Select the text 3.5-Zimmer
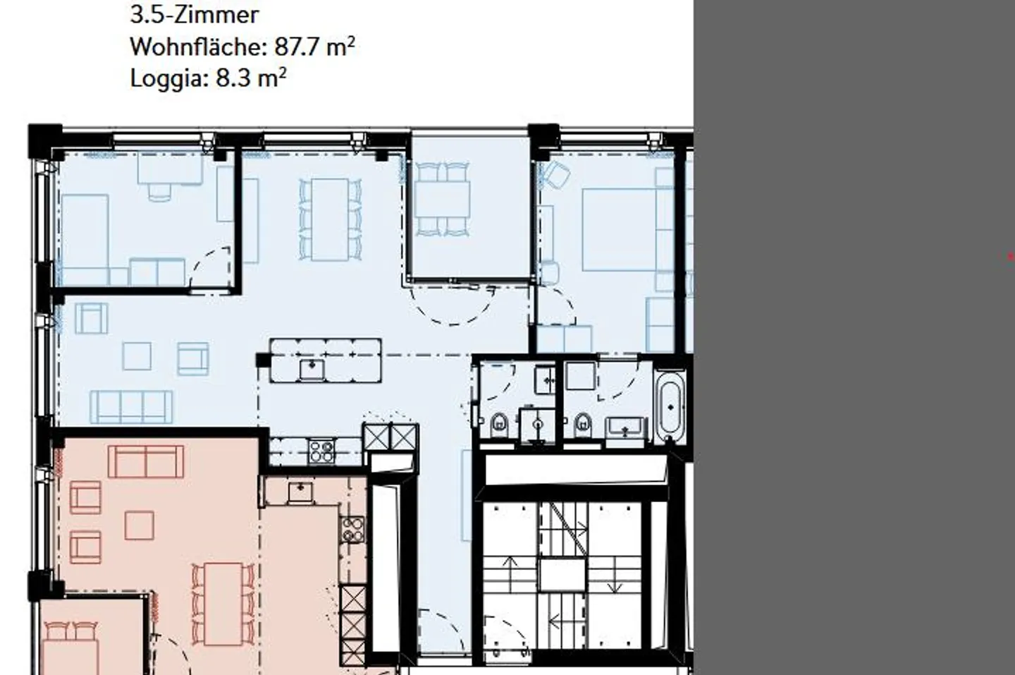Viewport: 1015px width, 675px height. coord(195,15)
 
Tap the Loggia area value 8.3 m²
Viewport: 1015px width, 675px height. coord(251,78)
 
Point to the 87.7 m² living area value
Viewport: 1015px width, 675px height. coord(314,47)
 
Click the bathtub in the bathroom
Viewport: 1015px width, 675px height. coord(670,406)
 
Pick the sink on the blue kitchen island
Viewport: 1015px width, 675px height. coord(312,369)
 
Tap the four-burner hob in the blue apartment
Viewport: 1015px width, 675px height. coord(321,451)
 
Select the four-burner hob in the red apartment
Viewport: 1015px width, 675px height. coord(352,530)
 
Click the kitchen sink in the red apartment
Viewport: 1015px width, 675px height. coord(300,492)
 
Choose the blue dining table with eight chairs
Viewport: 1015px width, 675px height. coord(330,220)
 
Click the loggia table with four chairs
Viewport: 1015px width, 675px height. coord(442,200)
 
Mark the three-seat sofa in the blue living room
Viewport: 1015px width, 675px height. coord(131,407)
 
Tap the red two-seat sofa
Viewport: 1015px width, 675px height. coord(146,461)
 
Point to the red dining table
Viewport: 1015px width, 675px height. coord(223,604)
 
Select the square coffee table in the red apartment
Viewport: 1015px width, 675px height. coord(139,525)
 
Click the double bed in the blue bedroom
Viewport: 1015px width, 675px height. coord(620,230)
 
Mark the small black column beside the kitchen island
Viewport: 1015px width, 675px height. coord(264,360)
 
